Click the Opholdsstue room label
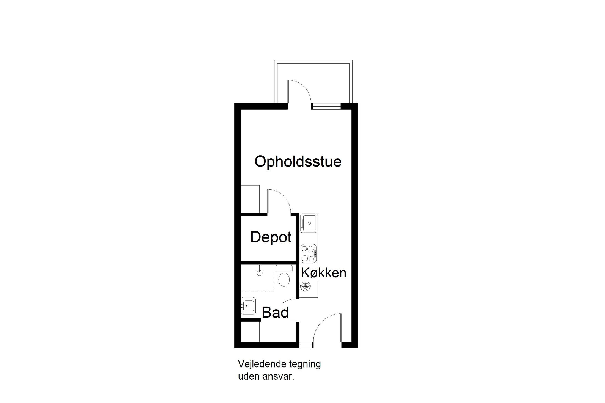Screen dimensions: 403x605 [298, 161]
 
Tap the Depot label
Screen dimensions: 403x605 [271, 237]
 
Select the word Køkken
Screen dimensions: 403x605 [323, 273]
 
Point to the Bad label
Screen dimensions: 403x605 [275, 312]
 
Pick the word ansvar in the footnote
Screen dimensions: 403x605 [280, 376]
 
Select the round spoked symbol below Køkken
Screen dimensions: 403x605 [305, 287]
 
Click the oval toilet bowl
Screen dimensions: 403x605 [284, 280]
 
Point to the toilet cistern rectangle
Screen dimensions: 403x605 [284, 269]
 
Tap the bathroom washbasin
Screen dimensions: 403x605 [248, 305]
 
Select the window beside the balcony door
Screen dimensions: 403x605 [326, 106]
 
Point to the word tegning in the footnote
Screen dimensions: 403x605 [305, 364]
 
